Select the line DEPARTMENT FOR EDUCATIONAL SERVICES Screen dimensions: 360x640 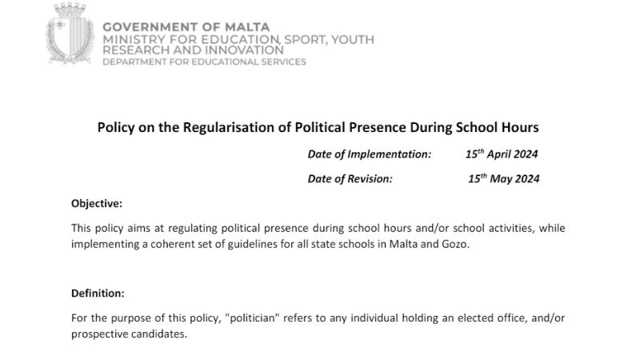203,62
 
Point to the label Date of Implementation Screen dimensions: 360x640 369,154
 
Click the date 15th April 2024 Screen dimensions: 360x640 502,154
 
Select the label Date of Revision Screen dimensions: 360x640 350,178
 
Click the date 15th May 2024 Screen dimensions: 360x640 503,178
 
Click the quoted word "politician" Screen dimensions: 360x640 254,318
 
